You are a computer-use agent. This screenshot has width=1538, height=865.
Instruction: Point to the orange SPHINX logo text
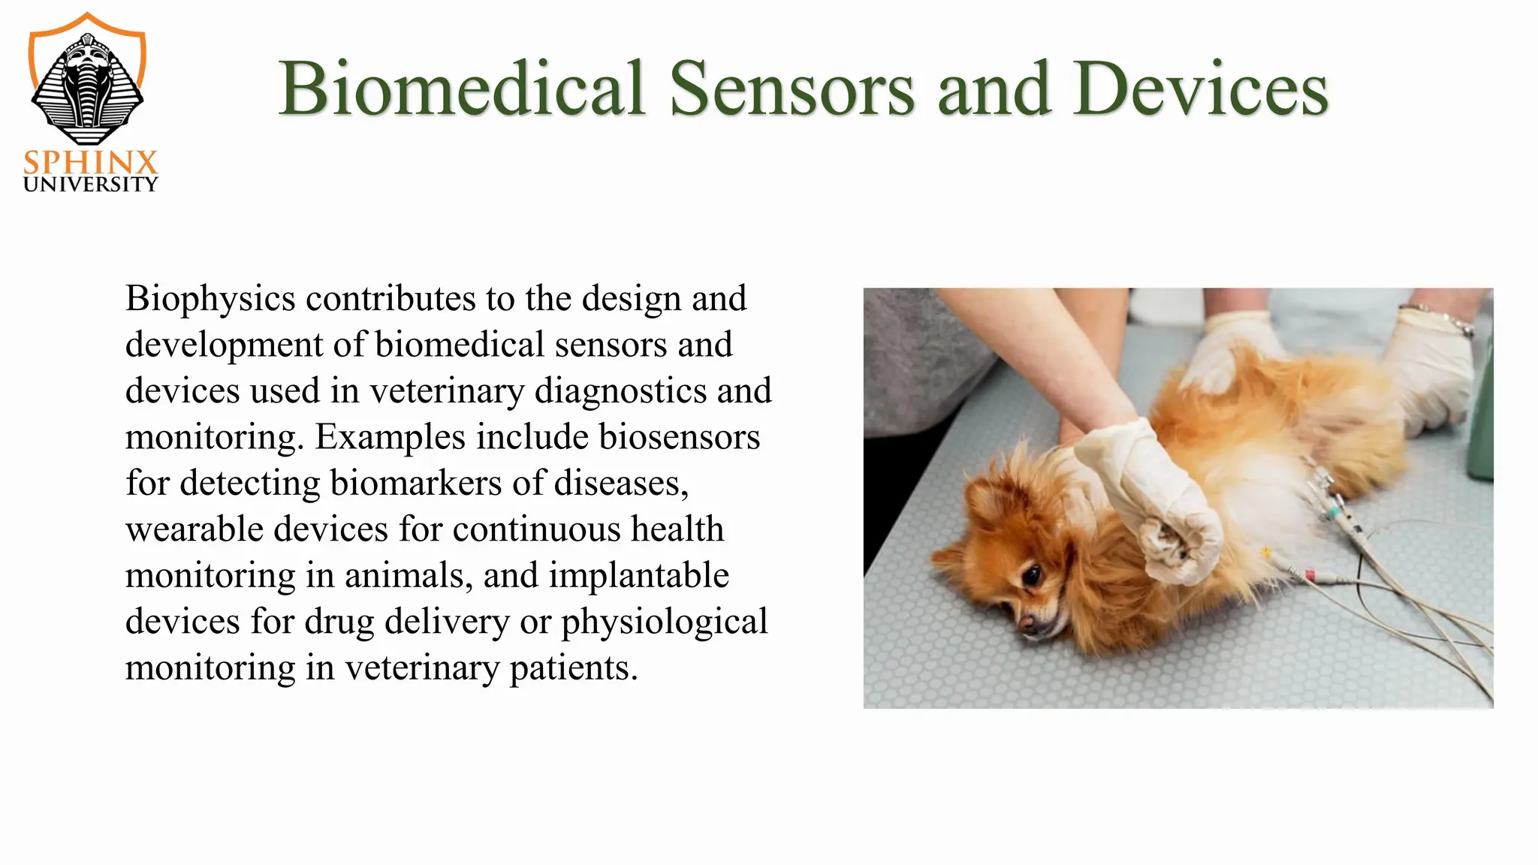[91, 162]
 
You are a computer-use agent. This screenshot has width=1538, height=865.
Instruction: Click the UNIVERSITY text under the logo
[91, 185]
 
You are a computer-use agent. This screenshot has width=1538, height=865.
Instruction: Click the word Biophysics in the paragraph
[210, 299]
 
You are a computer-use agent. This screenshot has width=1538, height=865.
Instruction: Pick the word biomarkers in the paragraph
[415, 483]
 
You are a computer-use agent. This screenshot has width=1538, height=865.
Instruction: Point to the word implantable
[638, 576]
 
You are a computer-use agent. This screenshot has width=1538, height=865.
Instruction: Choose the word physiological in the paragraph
[664, 622]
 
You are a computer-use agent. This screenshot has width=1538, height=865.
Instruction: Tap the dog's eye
[1033, 577]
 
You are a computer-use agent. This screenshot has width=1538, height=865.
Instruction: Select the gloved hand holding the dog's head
[1157, 503]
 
